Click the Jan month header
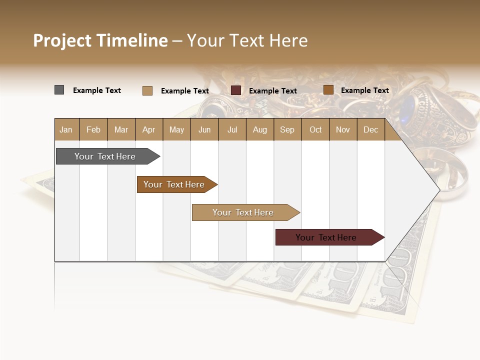pos(66,130)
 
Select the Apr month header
pos(148,130)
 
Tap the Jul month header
pos(232,130)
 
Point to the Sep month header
pos(287,130)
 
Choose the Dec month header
pos(370,130)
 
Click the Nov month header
pos(342,130)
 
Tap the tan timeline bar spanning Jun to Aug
pos(243,212)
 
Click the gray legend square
pos(59,90)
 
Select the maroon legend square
pos(236,90)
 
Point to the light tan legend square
pos(147,90)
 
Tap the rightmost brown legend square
pos(328,90)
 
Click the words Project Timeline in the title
pos(100,40)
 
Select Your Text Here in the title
pos(247,40)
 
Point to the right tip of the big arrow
pos(438,190)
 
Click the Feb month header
pos(93,130)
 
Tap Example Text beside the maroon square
pos(272,91)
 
